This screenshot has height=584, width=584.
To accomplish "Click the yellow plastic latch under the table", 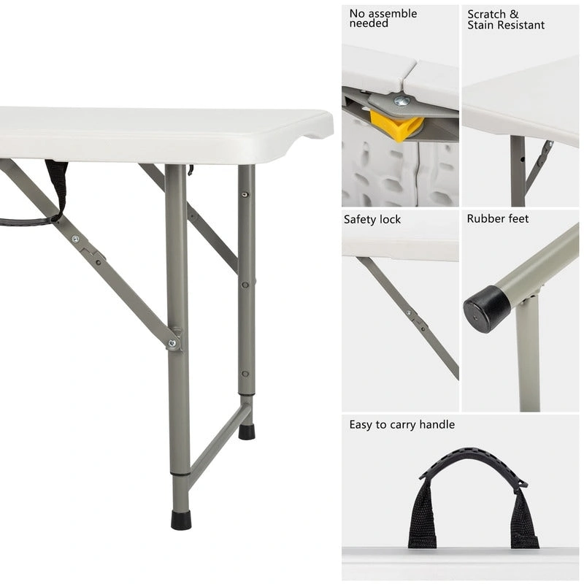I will click(x=396, y=126).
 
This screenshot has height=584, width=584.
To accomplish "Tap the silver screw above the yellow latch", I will click(x=401, y=101).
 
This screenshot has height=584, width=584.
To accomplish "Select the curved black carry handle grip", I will click(x=473, y=461).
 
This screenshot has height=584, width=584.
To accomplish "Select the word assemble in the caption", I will click(x=393, y=13).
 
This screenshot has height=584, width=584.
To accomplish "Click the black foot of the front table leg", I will click(x=181, y=520).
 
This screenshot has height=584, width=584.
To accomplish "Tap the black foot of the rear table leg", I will click(x=247, y=431).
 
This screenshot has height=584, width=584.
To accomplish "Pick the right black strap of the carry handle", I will click(x=523, y=518).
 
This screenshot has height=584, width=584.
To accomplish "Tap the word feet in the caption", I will click(x=518, y=218).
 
